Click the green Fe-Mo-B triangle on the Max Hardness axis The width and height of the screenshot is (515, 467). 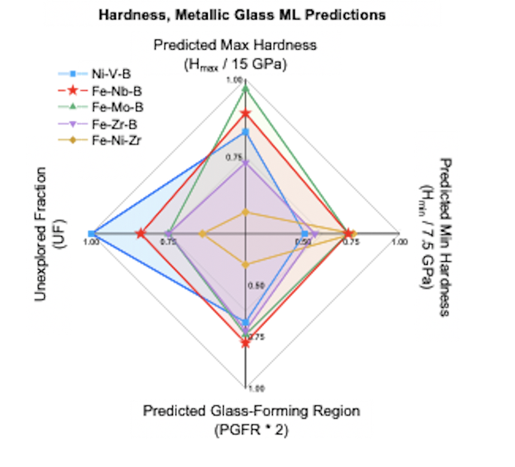click(245, 89)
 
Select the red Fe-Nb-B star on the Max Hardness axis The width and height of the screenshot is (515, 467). click(245, 113)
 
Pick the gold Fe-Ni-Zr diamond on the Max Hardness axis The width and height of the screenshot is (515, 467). click(245, 212)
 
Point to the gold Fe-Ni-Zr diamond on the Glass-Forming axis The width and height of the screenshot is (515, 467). click(245, 264)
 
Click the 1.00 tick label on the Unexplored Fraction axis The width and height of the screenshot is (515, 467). click(91, 242)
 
